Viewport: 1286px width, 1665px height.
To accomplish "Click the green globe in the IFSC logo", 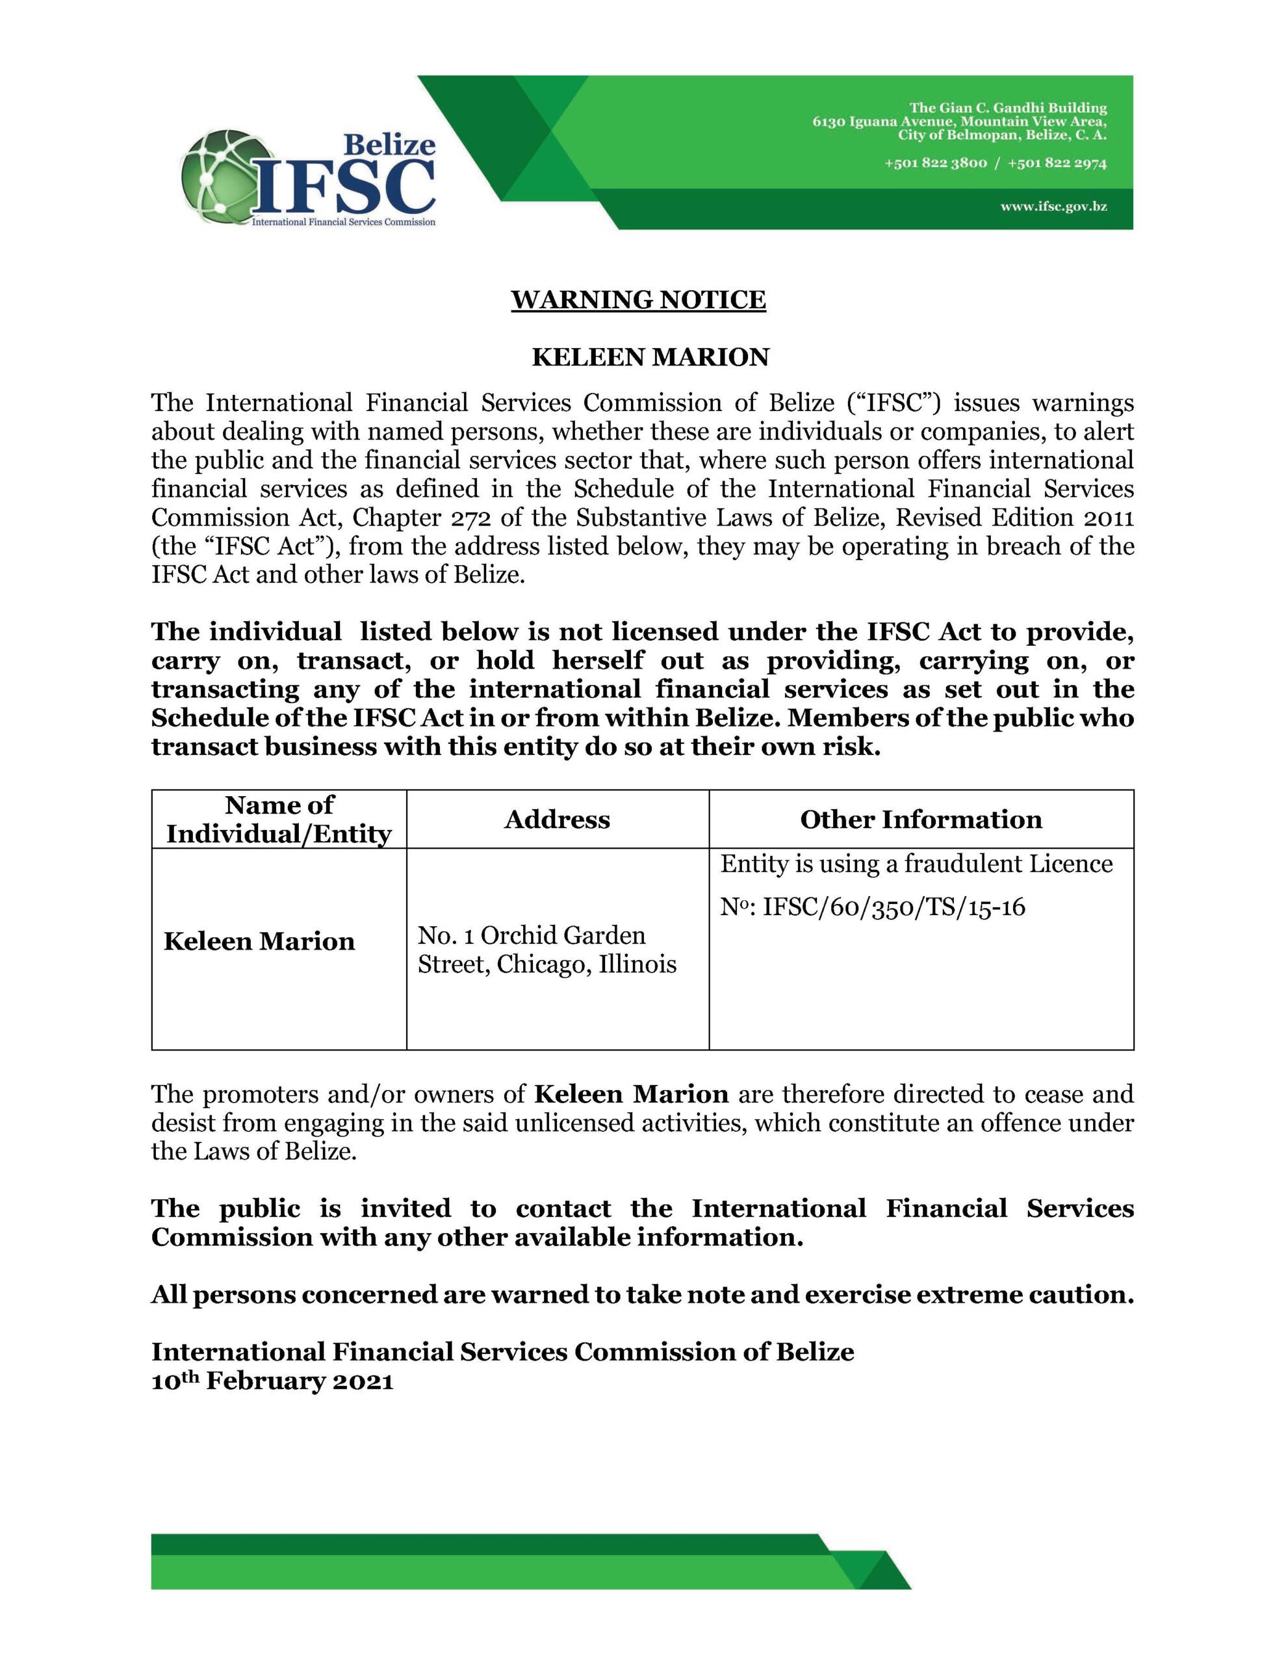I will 221,177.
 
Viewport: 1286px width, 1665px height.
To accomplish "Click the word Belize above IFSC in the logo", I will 389,144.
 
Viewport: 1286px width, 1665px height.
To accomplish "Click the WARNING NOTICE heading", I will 637,300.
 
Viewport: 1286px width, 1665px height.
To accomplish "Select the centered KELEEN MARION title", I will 650,357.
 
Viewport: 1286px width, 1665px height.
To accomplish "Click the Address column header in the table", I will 557,819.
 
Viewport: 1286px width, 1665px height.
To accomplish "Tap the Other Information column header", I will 920,819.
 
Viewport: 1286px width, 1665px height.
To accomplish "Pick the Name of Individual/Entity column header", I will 279,819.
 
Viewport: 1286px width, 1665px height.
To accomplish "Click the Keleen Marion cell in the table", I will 259,942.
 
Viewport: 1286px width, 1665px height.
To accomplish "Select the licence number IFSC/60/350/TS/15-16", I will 894,907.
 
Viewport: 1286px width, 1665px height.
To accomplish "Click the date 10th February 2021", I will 272,1381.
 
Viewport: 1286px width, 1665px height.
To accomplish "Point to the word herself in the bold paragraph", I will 597,660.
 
